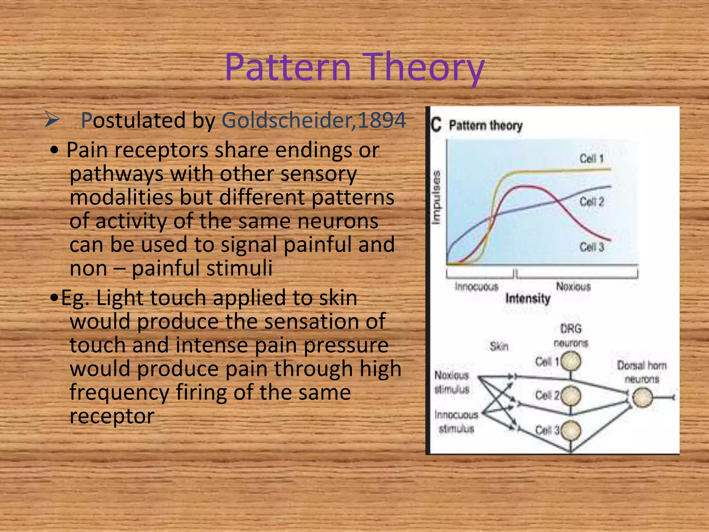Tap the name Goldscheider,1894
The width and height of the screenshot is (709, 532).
pyautogui.click(x=314, y=121)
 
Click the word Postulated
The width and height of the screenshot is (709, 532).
pyautogui.click(x=133, y=121)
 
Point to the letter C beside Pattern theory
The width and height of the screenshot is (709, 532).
pyautogui.click(x=436, y=125)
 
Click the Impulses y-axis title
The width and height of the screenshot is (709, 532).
pyautogui.click(x=437, y=197)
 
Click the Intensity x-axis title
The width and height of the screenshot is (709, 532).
pyautogui.click(x=528, y=298)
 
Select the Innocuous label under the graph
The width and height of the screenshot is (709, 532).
pyautogui.click(x=476, y=286)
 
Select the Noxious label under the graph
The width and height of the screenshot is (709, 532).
pyautogui.click(x=573, y=286)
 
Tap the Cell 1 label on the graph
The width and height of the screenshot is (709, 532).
pyautogui.click(x=591, y=159)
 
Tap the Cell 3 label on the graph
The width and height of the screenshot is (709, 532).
pyautogui.click(x=591, y=247)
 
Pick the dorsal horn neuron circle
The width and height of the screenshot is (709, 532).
pyautogui.click(x=643, y=397)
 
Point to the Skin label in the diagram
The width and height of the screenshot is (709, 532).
pyautogui.click(x=499, y=346)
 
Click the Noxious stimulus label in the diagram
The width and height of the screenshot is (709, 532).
pyautogui.click(x=452, y=382)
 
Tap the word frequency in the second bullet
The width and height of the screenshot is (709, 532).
pyautogui.click(x=119, y=392)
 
